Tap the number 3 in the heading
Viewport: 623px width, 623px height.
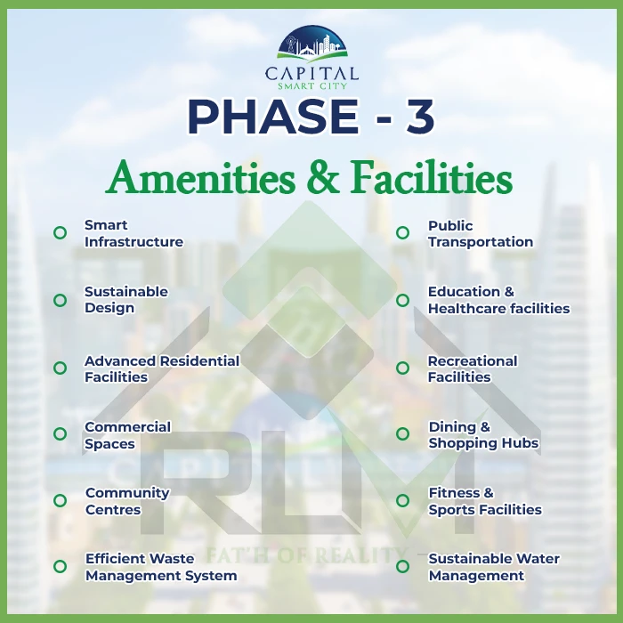click(419, 116)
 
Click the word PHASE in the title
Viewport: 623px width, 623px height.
click(273, 116)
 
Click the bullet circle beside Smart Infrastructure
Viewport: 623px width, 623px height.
click(60, 232)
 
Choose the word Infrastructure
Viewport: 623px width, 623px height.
click(133, 241)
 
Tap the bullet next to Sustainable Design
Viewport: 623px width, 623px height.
click(60, 300)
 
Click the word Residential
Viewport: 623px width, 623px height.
click(200, 360)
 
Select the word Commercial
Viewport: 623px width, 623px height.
click(127, 426)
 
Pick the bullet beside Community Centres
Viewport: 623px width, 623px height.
click(60, 500)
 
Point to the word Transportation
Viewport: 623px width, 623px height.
click(481, 241)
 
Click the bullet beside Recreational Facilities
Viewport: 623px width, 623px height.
click(402, 368)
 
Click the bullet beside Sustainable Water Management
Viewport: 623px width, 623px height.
click(402, 566)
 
